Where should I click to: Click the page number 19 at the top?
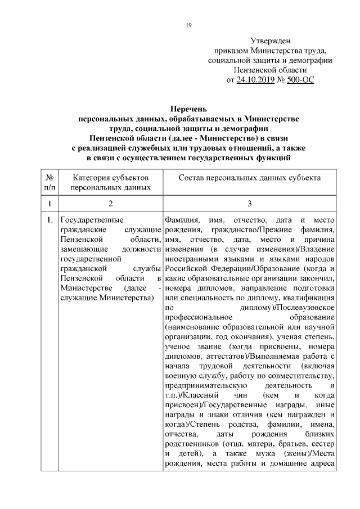188,25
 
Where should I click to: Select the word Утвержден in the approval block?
270,41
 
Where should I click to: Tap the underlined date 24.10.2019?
255,80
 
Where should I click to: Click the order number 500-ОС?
300,80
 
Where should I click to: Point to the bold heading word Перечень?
190,109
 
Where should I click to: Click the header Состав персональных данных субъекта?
249,178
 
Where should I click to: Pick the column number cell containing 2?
110,203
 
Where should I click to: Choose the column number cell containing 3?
249,203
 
